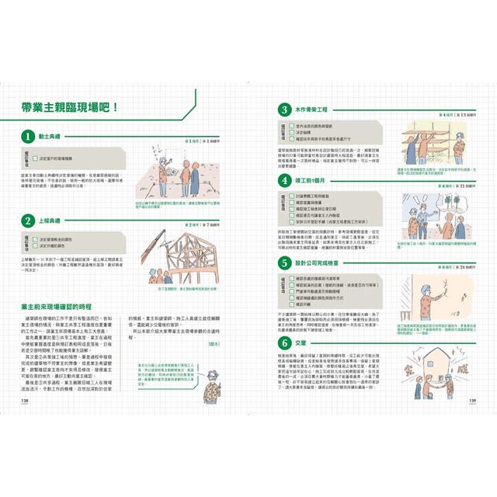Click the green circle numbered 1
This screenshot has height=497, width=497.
click(28, 137)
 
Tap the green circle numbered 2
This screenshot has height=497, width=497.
click(28, 220)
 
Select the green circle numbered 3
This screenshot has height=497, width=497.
click(286, 110)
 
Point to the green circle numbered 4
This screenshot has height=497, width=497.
click(286, 182)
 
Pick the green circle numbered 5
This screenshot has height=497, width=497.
click(286, 263)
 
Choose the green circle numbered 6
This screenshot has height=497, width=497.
click(286, 342)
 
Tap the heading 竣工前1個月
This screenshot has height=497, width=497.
click(315, 182)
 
